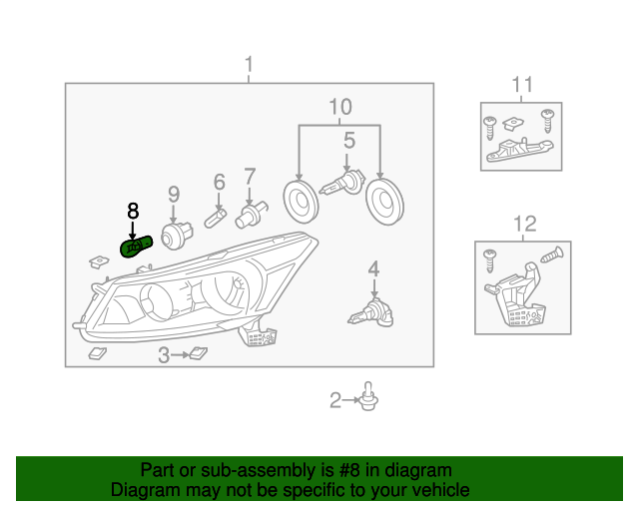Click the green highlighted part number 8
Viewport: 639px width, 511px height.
point(136,247)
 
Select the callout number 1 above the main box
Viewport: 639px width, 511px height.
point(249,65)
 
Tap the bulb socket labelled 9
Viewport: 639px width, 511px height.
point(177,236)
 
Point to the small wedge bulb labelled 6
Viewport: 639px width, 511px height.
point(216,219)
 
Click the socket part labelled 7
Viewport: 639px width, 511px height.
point(251,215)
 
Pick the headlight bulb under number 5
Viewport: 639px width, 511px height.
point(342,184)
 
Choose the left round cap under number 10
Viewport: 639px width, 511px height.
point(301,202)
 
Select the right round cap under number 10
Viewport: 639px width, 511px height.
point(384,202)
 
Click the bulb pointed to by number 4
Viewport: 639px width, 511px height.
point(370,313)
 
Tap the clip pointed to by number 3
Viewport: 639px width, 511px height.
point(199,353)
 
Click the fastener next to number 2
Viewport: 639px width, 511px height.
point(368,396)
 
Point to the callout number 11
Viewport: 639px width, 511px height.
point(521,85)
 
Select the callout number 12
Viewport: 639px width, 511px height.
point(524,224)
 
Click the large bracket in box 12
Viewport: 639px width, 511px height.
point(516,295)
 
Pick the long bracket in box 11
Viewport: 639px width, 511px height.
point(518,151)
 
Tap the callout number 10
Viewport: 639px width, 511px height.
point(340,107)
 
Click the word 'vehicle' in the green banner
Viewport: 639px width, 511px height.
point(442,489)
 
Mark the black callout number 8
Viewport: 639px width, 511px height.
point(133,211)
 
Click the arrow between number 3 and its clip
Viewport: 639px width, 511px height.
point(180,355)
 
